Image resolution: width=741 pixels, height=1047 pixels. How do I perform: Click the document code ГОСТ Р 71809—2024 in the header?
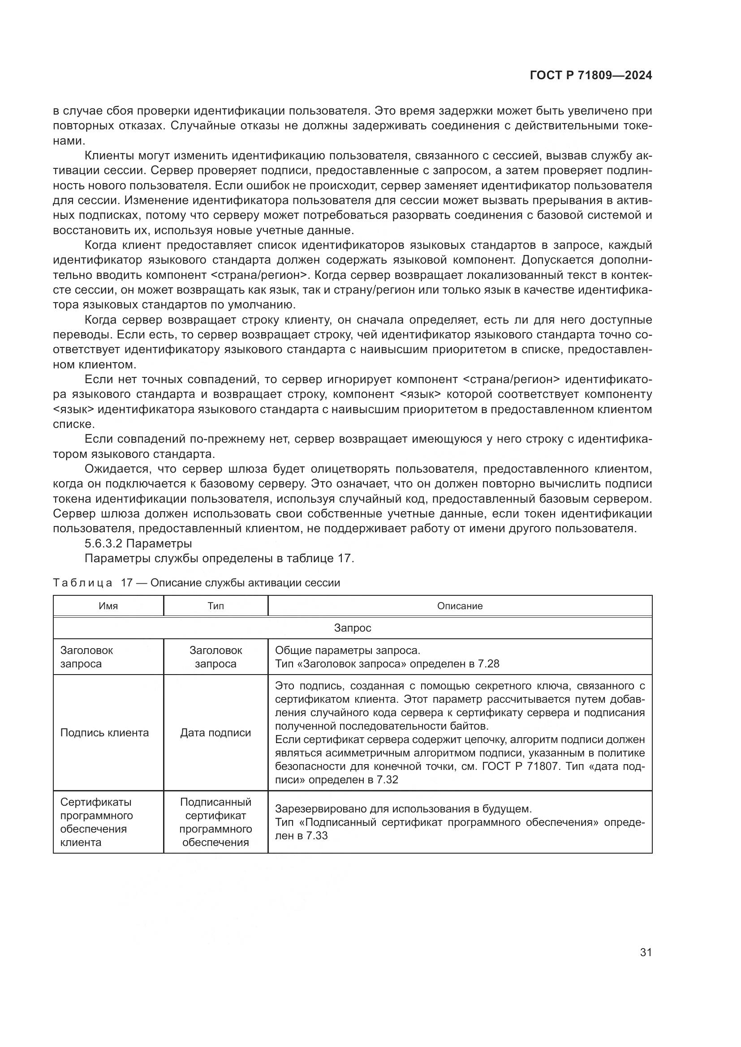coord(590,76)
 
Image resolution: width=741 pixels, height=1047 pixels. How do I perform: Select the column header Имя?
coord(108,606)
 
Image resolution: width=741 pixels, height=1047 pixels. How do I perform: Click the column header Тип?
coord(215,606)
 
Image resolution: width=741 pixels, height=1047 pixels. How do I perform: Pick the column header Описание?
coord(460,606)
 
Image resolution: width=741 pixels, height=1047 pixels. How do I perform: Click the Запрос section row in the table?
coord(352,628)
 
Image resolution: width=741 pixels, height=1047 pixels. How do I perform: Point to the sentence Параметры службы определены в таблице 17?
coord(220,558)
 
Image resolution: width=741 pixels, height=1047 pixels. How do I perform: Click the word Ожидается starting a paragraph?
coord(117,469)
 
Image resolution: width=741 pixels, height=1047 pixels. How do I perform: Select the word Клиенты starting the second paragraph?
coord(112,156)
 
